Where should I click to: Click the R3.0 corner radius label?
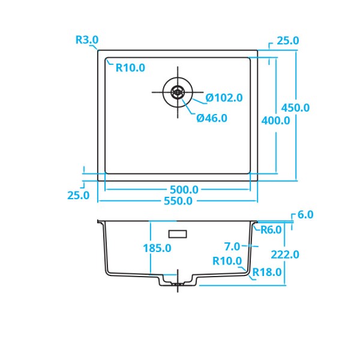tap(87, 40)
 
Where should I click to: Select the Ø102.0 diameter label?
tap(224, 98)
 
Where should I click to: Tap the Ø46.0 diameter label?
tap(212, 118)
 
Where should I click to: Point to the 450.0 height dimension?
tap(295, 108)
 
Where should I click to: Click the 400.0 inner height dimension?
tap(276, 120)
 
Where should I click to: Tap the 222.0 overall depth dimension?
tap(284, 254)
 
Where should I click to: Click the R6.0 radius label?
tap(271, 229)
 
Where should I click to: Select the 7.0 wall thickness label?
tap(232, 246)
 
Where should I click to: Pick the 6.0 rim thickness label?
tap(305, 215)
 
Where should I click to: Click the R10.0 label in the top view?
tap(130, 68)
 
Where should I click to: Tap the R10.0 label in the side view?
tap(227, 261)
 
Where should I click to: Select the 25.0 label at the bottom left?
tap(78, 195)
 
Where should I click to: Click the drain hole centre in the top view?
tap(178, 92)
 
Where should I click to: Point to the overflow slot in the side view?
tap(178, 232)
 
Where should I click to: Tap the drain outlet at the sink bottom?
tap(178, 281)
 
